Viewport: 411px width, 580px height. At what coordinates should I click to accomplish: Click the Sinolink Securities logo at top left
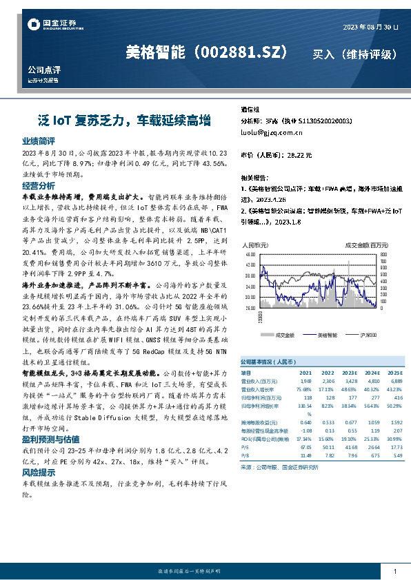point(48,25)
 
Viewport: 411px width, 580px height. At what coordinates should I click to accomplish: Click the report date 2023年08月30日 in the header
point(370,27)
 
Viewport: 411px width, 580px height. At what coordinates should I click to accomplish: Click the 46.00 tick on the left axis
point(250,254)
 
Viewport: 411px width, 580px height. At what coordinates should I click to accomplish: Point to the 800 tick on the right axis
point(383,254)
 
